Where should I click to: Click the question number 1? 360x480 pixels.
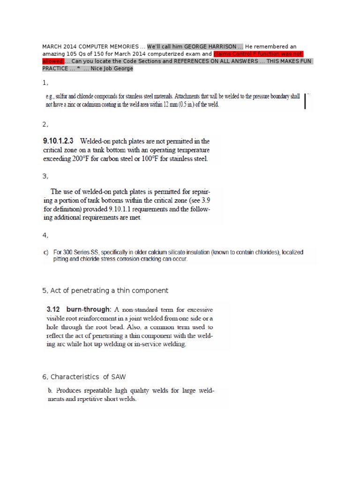pos(45,82)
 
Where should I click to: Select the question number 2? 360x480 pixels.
pos(45,124)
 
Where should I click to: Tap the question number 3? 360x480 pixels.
pos(45,176)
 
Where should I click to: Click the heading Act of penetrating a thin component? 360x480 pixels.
pos(108,291)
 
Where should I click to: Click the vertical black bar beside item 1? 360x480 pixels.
pos(305,101)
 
